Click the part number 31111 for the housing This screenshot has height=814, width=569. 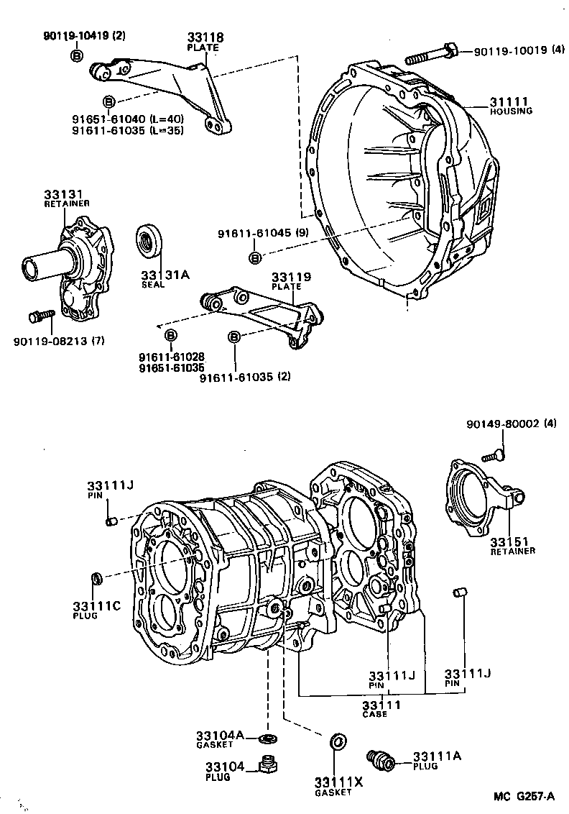tap(509, 102)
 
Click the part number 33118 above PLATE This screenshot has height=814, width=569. tap(203, 37)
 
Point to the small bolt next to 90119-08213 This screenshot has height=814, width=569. tap(40, 316)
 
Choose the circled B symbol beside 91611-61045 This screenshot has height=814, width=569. tap(256, 257)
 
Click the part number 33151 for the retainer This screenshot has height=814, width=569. tap(508, 541)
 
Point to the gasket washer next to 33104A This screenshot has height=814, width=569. tap(270, 738)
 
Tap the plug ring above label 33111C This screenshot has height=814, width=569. tap(96, 577)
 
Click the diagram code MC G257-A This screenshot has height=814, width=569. tap(524, 796)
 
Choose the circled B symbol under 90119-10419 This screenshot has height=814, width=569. tap(77, 55)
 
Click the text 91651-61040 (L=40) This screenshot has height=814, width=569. tap(118, 119)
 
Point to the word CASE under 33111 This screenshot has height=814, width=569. tap(374, 714)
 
